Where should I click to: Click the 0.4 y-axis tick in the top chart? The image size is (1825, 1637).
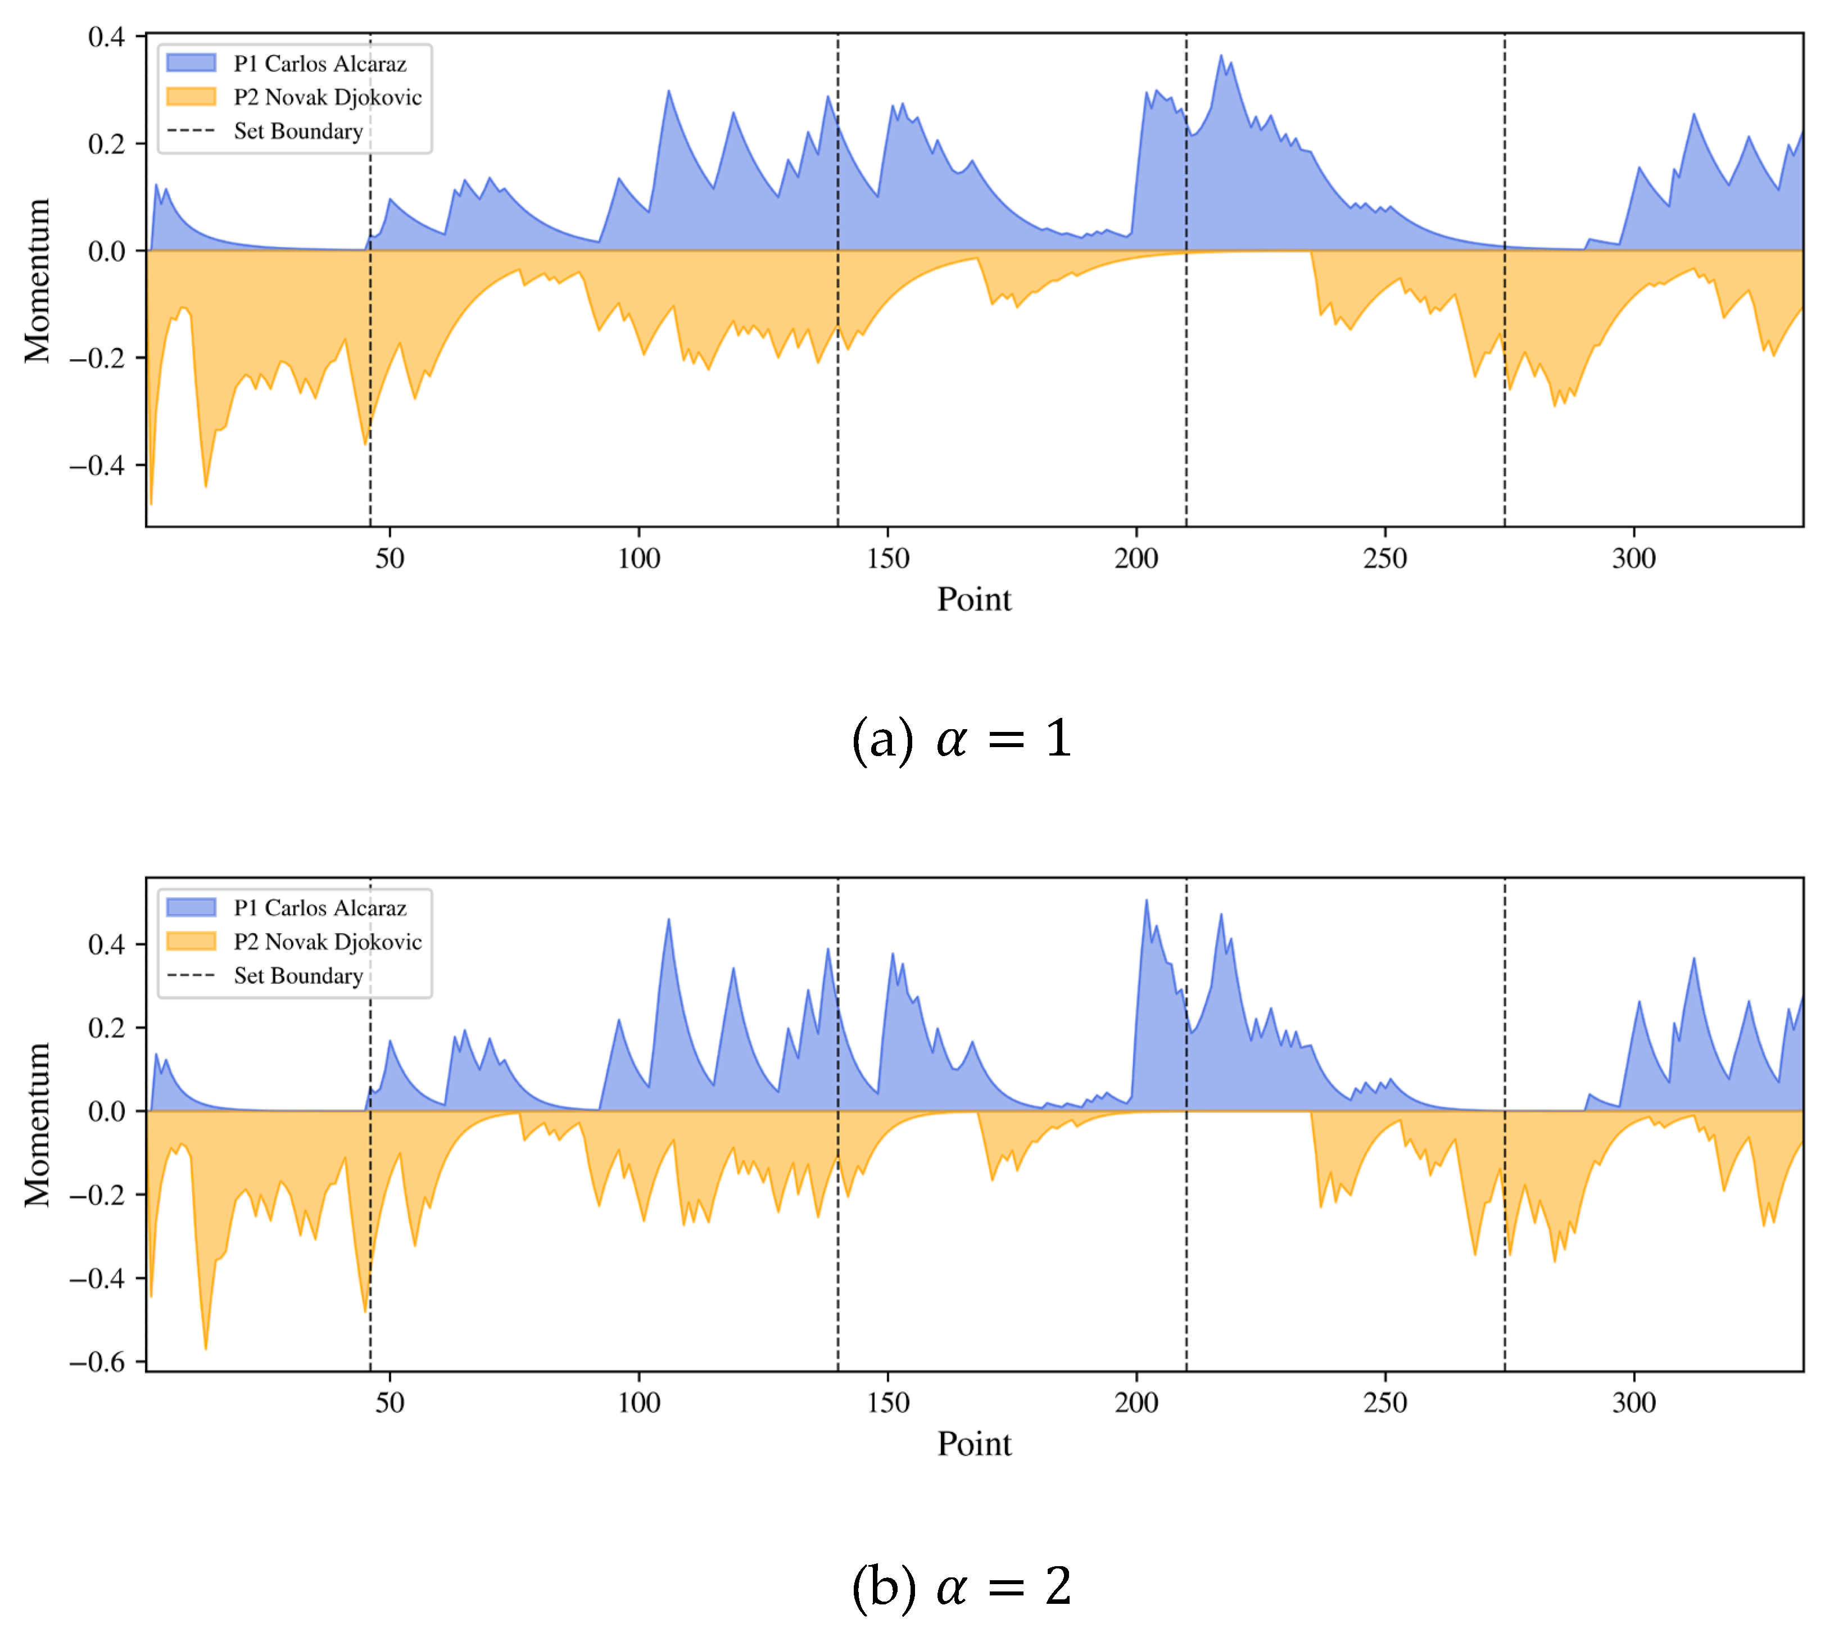pyautogui.click(x=106, y=37)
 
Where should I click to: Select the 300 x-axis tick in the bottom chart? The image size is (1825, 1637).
pyautogui.click(x=1633, y=1402)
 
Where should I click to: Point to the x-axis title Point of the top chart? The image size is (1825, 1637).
pyautogui.click(x=973, y=600)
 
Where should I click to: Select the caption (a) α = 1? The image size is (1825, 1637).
pyautogui.click(x=961, y=739)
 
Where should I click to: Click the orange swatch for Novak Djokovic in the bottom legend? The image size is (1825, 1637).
pyautogui.click(x=191, y=941)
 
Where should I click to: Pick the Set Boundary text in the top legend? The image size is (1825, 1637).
pyautogui.click(x=298, y=132)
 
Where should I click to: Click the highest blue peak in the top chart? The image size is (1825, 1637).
pyautogui.click(x=1221, y=56)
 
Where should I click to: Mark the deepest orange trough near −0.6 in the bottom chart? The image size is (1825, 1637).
pyautogui.click(x=206, y=1348)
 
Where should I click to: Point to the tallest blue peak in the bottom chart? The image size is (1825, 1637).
pyautogui.click(x=1146, y=901)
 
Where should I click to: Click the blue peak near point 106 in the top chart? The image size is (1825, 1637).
pyautogui.click(x=668, y=91)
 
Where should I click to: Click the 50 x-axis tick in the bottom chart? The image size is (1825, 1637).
pyautogui.click(x=390, y=1402)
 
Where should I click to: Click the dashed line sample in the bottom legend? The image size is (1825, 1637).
pyautogui.click(x=191, y=975)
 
